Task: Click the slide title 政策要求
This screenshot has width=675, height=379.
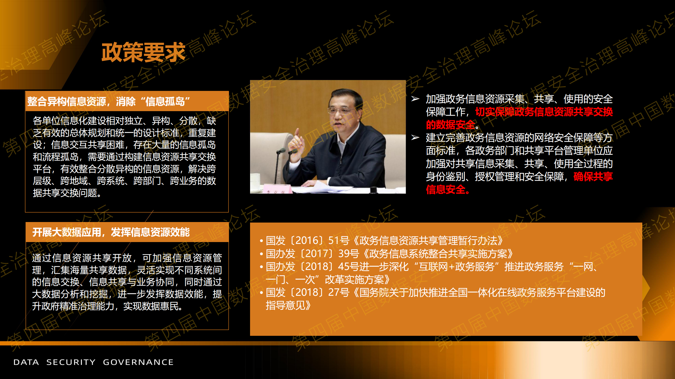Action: (x=143, y=52)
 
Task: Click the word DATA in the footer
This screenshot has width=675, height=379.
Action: (x=26, y=362)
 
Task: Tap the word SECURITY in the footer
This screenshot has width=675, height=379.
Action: (x=71, y=362)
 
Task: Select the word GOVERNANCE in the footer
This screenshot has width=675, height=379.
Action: (x=138, y=362)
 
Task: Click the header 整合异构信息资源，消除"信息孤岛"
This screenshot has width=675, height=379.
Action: (x=109, y=101)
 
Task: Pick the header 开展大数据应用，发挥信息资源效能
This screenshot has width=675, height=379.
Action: (x=111, y=232)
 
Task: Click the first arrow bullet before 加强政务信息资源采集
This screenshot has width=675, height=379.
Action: (x=415, y=99)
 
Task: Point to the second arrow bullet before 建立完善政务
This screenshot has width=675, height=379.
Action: (x=415, y=137)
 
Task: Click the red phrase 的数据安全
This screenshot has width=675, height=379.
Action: (x=451, y=125)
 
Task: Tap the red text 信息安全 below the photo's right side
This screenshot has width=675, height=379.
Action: (x=446, y=190)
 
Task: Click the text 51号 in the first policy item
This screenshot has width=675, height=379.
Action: (x=339, y=240)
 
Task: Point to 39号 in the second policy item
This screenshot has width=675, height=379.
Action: (x=349, y=254)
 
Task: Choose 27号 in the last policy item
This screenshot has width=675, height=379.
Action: (x=339, y=293)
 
